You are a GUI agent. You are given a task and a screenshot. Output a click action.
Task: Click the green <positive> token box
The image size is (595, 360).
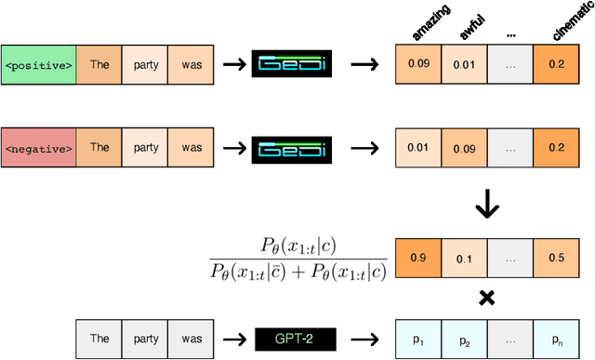38,67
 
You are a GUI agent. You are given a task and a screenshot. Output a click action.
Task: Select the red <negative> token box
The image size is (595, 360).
38,147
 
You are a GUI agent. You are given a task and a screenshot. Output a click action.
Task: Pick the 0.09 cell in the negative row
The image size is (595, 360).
464,147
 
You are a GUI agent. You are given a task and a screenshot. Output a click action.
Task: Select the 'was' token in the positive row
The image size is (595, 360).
192,67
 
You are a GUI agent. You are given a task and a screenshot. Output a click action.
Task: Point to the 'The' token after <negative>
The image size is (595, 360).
99,147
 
